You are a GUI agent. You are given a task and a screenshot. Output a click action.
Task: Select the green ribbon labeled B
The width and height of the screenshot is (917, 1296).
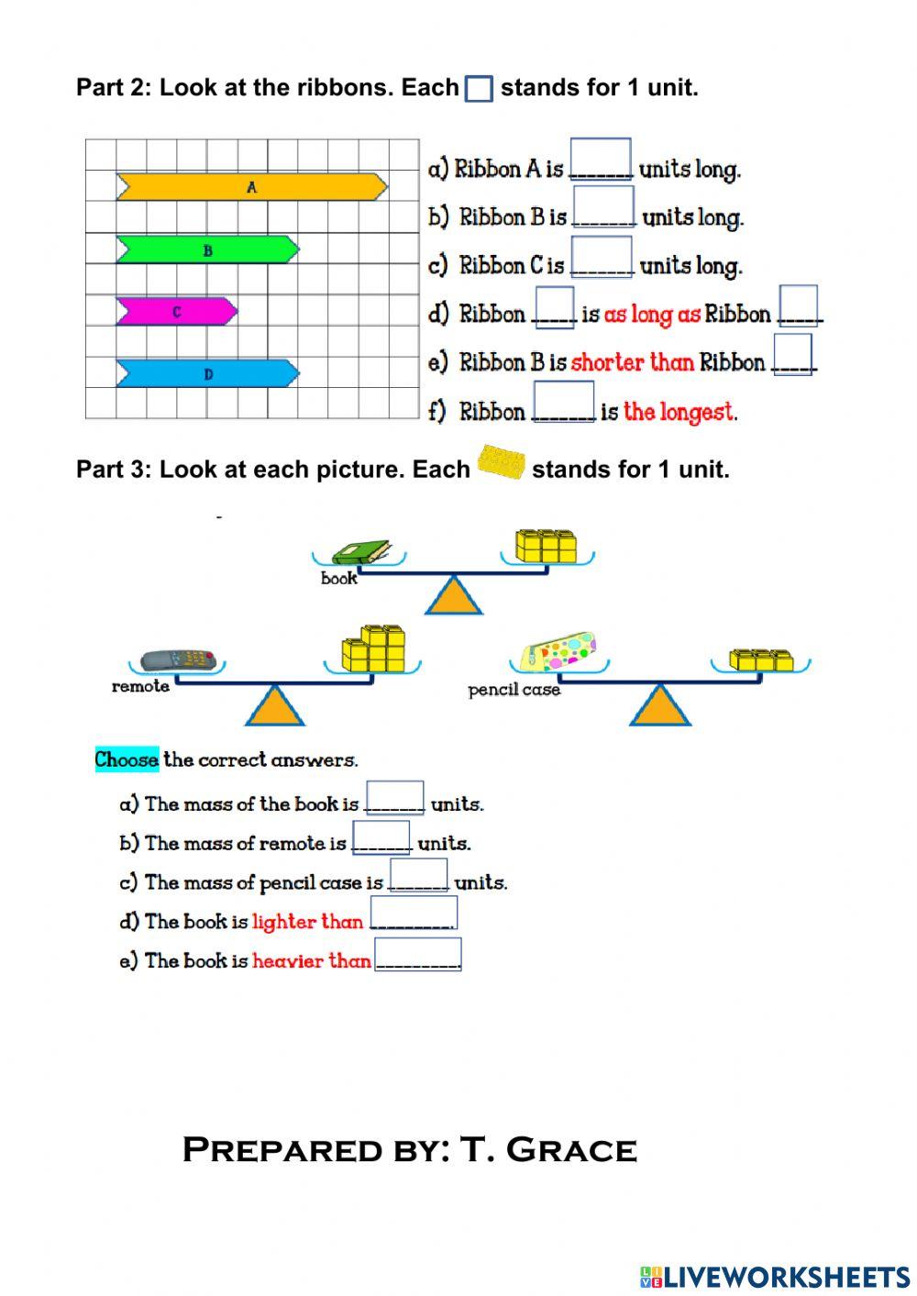tap(207, 249)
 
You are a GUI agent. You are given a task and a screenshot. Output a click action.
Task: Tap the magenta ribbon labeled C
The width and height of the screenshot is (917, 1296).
tap(176, 312)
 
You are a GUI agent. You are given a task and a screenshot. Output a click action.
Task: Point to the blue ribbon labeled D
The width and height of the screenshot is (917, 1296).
tap(207, 373)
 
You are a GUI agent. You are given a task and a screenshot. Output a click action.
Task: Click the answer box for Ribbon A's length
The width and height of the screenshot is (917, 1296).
tap(601, 159)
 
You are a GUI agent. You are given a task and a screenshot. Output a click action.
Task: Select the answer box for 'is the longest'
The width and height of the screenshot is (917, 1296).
tap(564, 402)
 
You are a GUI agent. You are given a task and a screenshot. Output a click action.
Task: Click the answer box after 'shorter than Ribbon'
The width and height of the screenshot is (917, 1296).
tap(792, 353)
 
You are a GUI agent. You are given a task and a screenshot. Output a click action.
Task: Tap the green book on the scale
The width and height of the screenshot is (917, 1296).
tap(360, 552)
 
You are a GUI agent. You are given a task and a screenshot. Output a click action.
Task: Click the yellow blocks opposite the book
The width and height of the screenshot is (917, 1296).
tap(547, 546)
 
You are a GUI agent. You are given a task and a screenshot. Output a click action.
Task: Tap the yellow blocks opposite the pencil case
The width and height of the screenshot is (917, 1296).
tap(761, 660)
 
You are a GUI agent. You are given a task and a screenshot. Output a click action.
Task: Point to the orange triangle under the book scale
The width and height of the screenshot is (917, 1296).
tap(453, 597)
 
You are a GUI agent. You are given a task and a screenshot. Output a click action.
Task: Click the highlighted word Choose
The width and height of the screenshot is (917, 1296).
tap(127, 759)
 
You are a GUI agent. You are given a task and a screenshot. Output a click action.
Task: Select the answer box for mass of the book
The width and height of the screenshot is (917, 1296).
tap(394, 797)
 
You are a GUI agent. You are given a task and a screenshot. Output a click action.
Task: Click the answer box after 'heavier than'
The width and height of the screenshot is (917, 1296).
tap(418, 954)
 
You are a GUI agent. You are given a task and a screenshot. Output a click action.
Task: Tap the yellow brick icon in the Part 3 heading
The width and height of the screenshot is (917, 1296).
tap(501, 463)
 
